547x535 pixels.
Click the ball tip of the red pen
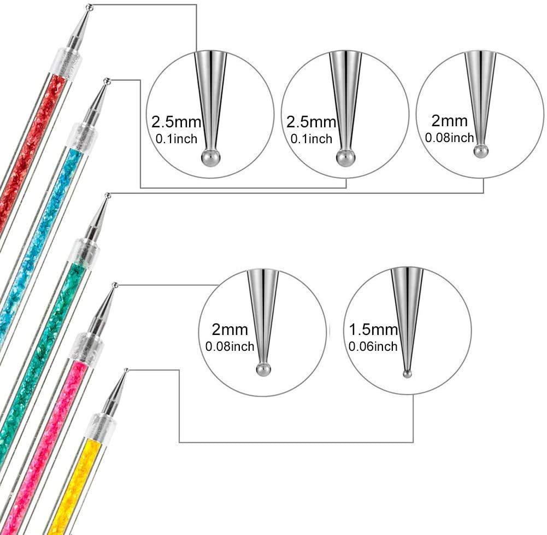tap(90, 7)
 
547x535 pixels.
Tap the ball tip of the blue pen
tap(107, 81)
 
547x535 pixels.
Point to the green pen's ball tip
tap(108, 195)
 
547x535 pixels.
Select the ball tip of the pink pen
tap(115, 285)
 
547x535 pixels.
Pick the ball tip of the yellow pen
tap(126, 371)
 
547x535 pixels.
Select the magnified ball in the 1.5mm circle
tap(406, 374)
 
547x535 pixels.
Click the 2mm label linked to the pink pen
tap(230, 330)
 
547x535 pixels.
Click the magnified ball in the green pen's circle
tap(480, 151)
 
